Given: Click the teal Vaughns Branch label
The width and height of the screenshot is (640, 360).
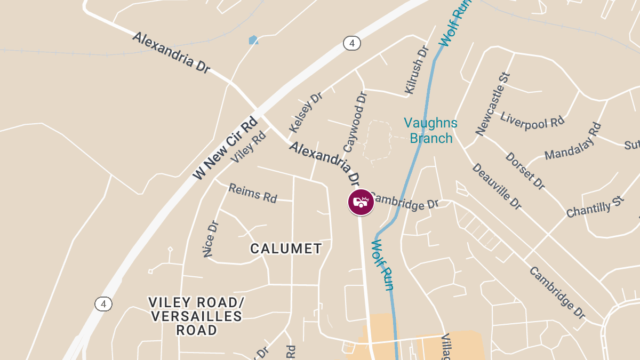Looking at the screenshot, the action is [430, 131].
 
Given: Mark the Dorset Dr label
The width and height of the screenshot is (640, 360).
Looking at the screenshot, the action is [525, 171].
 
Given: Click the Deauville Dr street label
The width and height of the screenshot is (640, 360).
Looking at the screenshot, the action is [497, 186].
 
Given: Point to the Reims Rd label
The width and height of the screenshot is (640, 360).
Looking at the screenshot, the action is [253, 193].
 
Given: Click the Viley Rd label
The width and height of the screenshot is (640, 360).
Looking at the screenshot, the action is [248, 147].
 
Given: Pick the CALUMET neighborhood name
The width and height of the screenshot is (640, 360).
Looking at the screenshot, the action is [286, 249].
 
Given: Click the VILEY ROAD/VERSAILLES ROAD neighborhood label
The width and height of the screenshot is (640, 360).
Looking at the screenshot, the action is [196, 316].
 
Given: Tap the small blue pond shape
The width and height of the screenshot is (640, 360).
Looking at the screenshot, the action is [253, 40].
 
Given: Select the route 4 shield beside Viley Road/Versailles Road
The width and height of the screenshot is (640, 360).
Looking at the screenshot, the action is [103, 304].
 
